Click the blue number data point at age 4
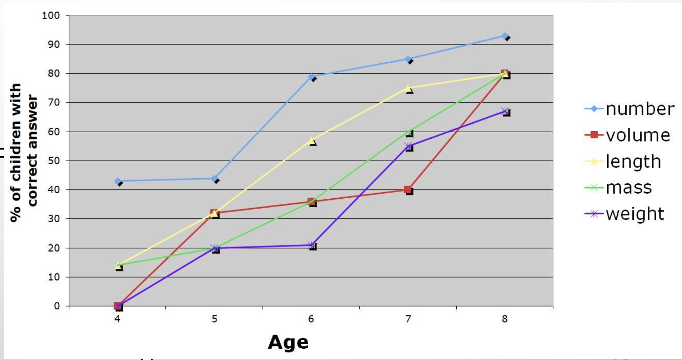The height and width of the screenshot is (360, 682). [x=118, y=181]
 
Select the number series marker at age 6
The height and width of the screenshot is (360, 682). [x=311, y=76]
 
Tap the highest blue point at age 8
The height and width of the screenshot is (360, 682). [x=504, y=36]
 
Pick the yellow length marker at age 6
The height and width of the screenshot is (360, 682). [x=311, y=141]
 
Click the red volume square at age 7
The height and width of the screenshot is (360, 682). [x=408, y=190]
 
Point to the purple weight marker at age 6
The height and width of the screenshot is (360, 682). [x=311, y=245]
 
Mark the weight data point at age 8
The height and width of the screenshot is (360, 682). [x=504, y=112]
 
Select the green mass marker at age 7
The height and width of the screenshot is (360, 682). [x=408, y=132]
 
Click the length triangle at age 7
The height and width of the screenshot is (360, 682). [x=408, y=88]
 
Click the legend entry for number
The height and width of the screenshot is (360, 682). [x=640, y=109]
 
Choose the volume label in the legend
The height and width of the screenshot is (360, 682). [x=638, y=135]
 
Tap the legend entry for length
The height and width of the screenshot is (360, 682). [x=633, y=161]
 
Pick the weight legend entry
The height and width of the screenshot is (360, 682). [x=635, y=214]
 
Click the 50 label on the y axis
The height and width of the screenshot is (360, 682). [x=55, y=161]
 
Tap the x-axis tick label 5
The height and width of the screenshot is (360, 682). [x=215, y=319]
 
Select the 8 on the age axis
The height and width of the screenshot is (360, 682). [x=504, y=319]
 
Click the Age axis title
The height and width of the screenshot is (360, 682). [x=288, y=342]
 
